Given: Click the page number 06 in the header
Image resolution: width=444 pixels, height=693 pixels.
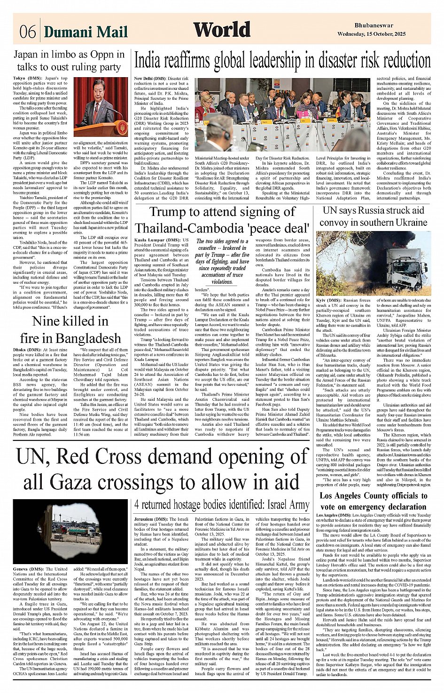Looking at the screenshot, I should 27,32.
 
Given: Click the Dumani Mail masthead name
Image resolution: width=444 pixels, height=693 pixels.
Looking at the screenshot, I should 86,32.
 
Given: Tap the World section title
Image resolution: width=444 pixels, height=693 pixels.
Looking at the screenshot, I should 222,30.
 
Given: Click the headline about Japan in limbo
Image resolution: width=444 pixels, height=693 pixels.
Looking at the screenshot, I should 68,61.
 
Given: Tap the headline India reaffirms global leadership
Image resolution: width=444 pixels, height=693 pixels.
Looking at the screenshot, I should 282,61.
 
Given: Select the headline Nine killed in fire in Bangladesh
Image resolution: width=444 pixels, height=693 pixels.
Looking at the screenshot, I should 70,330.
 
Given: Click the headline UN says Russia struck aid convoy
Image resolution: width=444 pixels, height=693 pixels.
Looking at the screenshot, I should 374,216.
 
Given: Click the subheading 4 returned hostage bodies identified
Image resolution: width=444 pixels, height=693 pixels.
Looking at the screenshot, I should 222,504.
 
